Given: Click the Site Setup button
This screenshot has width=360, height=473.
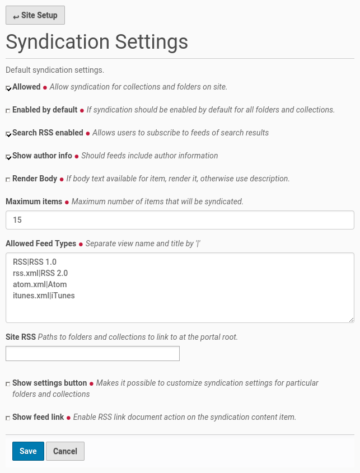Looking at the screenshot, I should [x=35, y=15].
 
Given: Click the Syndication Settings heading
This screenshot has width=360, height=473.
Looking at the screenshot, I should [x=97, y=42].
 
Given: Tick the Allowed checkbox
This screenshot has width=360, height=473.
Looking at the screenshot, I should [x=8, y=88].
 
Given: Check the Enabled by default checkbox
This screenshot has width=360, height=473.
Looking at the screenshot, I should [x=8, y=111].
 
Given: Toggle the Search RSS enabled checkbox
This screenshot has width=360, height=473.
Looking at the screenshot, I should [x=8, y=134].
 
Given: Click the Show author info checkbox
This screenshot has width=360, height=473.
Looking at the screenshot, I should [x=8, y=157].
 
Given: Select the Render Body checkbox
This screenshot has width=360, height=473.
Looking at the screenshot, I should [x=8, y=180].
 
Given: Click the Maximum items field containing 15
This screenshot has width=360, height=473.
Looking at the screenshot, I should [x=180, y=220].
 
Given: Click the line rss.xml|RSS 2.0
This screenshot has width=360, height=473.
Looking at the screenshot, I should [x=40, y=273].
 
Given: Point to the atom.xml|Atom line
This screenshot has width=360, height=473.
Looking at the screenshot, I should [x=40, y=284].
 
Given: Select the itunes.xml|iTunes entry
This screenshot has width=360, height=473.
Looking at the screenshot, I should [x=44, y=296].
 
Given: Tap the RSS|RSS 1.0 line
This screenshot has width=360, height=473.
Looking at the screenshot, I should [x=35, y=262].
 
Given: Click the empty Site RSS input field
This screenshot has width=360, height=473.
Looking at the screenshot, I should [x=92, y=353].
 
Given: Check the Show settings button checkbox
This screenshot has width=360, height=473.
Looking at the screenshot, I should [x=8, y=384].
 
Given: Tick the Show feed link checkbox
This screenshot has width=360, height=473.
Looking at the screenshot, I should [x=8, y=418].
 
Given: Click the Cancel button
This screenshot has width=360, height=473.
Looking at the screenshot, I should [x=65, y=451].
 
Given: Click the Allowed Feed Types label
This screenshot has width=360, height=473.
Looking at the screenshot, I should [x=41, y=243].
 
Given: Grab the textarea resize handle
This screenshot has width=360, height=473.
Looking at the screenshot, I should [x=351, y=320].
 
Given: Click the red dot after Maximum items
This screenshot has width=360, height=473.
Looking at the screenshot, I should [x=67, y=202].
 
